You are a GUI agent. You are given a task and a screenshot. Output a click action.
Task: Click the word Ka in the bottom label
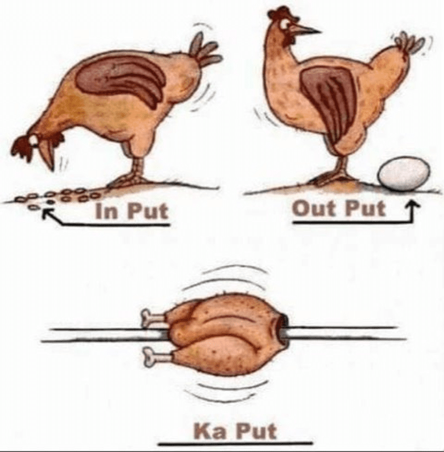[210, 431]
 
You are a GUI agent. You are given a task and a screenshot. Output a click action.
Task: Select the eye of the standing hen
[286, 23]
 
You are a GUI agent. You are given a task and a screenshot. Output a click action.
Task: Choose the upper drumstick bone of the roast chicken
[153, 317]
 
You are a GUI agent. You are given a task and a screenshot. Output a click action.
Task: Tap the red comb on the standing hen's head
[278, 11]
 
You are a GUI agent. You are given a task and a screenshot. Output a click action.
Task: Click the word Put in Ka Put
[256, 431]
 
